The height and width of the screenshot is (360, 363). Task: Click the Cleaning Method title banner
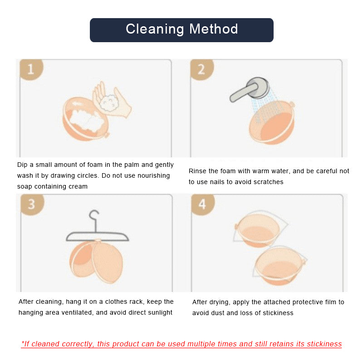tap(181, 30)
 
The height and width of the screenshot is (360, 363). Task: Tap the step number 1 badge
tap(30, 69)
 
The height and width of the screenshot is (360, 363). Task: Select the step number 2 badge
tap(201, 69)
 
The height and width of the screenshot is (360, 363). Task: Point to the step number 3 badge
tap(31, 204)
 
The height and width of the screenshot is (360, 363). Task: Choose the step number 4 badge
tap(202, 204)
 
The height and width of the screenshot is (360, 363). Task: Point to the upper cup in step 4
tap(256, 230)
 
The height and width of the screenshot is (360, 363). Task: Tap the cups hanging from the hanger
tap(97, 261)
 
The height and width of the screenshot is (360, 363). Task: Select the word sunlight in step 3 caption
tap(158, 312)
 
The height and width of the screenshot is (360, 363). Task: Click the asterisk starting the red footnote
tap(23, 343)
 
